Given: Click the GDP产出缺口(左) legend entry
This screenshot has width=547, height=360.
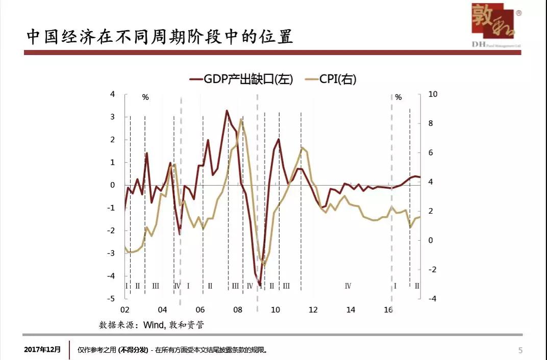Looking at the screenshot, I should click(x=242, y=80).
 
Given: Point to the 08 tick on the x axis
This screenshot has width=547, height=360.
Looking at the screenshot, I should click(x=238, y=310).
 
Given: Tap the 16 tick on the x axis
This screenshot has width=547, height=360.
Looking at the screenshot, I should click(x=388, y=310).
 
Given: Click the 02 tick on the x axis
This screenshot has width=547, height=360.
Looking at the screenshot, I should click(x=125, y=310).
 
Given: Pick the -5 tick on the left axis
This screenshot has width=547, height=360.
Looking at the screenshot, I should click(x=112, y=299).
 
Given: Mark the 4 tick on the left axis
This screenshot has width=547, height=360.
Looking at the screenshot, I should click(x=113, y=94).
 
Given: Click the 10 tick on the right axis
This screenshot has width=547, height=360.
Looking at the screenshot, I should click(x=433, y=94).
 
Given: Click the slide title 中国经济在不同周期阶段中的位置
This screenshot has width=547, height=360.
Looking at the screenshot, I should click(x=160, y=37).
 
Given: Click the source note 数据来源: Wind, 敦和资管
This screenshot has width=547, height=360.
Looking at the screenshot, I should click(x=152, y=325).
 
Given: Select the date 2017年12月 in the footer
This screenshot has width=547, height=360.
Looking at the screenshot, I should click(x=42, y=350).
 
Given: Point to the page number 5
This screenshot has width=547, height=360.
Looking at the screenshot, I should click(x=520, y=350).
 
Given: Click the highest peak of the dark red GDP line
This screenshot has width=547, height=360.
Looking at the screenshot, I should click(x=227, y=111).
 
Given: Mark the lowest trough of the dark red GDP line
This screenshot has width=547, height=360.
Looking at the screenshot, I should click(x=260, y=285).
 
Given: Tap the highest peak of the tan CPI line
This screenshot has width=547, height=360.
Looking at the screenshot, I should click(x=241, y=120).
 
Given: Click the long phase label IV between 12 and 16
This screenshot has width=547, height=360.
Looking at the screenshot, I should click(x=348, y=286).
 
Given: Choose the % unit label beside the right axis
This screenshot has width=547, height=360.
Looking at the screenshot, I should click(x=399, y=97).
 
